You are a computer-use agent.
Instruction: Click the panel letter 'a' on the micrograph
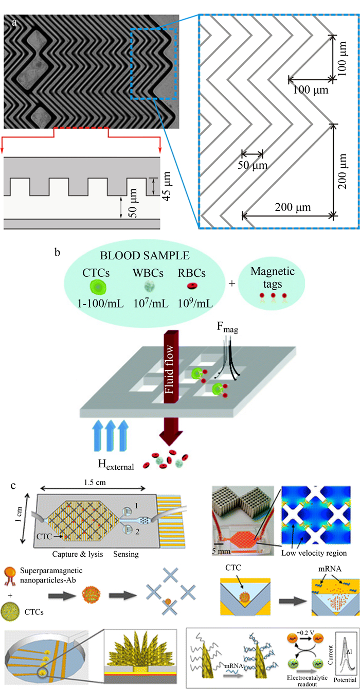[14, 23]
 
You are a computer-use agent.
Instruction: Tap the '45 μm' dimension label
[167, 186]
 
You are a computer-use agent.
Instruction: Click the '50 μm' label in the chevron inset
[253, 165]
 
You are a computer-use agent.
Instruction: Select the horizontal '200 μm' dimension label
[293, 207]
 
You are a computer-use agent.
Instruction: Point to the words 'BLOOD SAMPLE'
[145, 256]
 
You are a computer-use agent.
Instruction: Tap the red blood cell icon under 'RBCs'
[192, 286]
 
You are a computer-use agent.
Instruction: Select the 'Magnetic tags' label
[273, 277]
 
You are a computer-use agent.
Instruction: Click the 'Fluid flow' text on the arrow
[169, 369]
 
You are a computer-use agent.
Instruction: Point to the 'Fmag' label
[227, 327]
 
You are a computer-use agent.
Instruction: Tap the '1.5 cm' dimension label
[95, 482]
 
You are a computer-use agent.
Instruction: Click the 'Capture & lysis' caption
[78, 554]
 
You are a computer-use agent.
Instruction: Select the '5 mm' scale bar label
[221, 551]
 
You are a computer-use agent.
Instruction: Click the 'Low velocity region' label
[314, 553]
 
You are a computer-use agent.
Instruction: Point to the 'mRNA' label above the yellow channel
[330, 569]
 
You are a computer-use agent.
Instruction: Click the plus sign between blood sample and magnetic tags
[232, 282]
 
